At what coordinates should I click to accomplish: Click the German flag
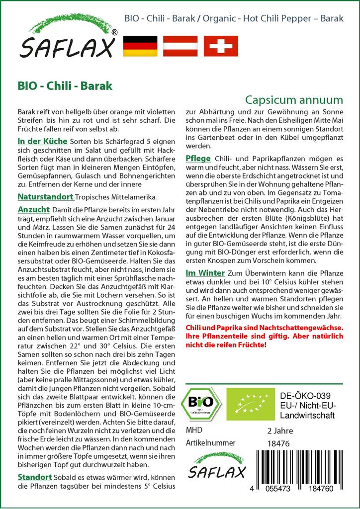140,46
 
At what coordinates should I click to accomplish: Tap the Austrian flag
181,46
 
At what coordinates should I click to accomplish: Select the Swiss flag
221,46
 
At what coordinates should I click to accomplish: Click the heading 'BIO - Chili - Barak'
65,85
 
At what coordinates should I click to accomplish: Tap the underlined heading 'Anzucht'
33,209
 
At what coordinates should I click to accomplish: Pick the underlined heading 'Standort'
35,477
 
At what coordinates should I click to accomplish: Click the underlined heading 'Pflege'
198,158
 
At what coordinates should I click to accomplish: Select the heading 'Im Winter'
205,272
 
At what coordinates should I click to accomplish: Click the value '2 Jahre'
280,430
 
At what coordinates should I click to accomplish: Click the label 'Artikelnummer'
209,443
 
